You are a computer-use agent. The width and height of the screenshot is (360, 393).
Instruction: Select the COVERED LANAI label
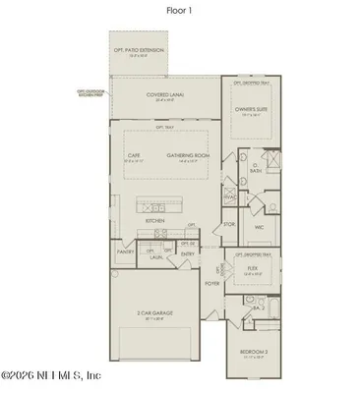[166, 94]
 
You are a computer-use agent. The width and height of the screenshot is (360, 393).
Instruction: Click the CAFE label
[134, 154]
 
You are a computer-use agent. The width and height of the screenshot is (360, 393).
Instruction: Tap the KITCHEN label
[155, 221]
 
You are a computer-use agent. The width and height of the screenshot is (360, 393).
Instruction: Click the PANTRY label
[125, 252]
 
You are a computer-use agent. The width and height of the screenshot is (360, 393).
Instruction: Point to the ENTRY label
[187, 253]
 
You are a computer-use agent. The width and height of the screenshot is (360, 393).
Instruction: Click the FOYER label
[211, 282]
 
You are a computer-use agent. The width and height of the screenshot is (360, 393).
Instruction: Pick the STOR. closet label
[229, 224]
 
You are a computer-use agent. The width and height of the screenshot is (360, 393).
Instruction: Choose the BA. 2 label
[255, 308]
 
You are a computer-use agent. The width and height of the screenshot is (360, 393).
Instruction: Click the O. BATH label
[255, 169]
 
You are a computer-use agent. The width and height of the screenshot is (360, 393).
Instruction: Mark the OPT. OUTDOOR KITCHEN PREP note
[91, 93]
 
